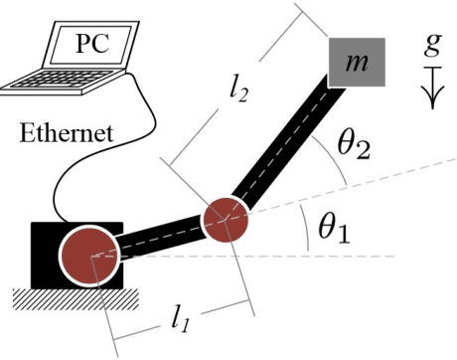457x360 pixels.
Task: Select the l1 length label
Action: tap(182, 318)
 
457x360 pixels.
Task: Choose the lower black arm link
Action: tap(159, 237)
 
